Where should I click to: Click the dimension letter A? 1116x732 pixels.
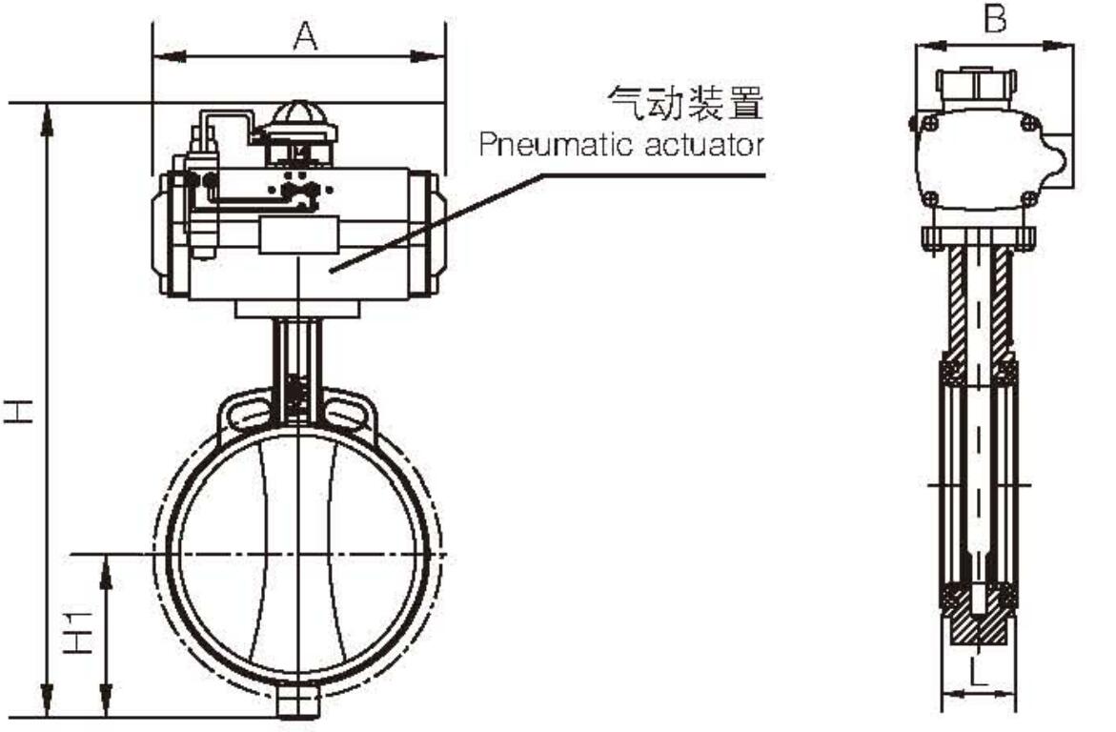click(303, 36)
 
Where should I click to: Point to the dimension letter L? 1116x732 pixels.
click(979, 673)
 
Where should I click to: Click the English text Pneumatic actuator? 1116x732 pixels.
click(621, 146)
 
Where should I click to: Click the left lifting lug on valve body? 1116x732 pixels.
click(245, 412)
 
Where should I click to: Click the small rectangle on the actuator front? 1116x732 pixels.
click(299, 235)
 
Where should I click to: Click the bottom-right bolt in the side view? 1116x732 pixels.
click(1028, 197)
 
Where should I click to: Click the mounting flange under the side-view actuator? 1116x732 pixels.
click(979, 235)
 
